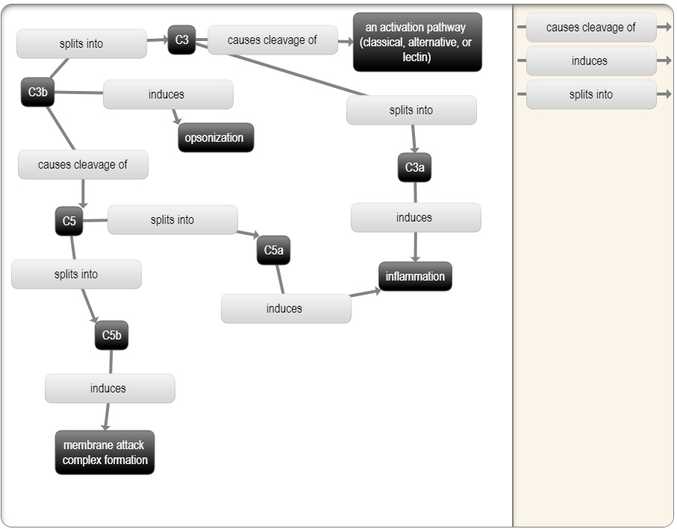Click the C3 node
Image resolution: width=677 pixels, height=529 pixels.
point(181,40)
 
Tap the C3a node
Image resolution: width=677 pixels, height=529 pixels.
point(414,168)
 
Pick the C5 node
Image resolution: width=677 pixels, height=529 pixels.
point(69,222)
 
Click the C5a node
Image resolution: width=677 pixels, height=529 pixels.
point(273,251)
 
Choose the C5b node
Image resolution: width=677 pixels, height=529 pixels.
point(111,336)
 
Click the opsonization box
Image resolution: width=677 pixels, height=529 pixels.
point(215,138)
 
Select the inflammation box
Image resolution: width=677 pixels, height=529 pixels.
point(415,277)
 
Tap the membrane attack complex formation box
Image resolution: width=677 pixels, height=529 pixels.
point(104,453)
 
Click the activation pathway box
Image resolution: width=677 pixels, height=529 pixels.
point(417,43)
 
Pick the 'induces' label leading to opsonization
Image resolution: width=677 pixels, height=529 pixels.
point(167,95)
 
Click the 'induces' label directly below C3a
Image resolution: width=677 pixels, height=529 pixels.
point(415,218)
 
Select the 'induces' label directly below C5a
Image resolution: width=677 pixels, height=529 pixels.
point(285,309)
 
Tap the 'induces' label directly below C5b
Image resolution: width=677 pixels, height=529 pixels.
point(109,389)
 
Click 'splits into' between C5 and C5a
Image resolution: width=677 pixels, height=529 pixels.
point(172,220)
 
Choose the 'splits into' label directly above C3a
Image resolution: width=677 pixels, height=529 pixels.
point(411,110)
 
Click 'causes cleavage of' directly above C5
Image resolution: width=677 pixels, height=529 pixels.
point(83,165)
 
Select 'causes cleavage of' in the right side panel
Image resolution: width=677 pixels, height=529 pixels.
point(591,28)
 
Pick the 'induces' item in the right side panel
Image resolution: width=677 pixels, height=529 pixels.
point(590,61)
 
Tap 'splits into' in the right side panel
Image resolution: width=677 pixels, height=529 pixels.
point(591,95)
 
